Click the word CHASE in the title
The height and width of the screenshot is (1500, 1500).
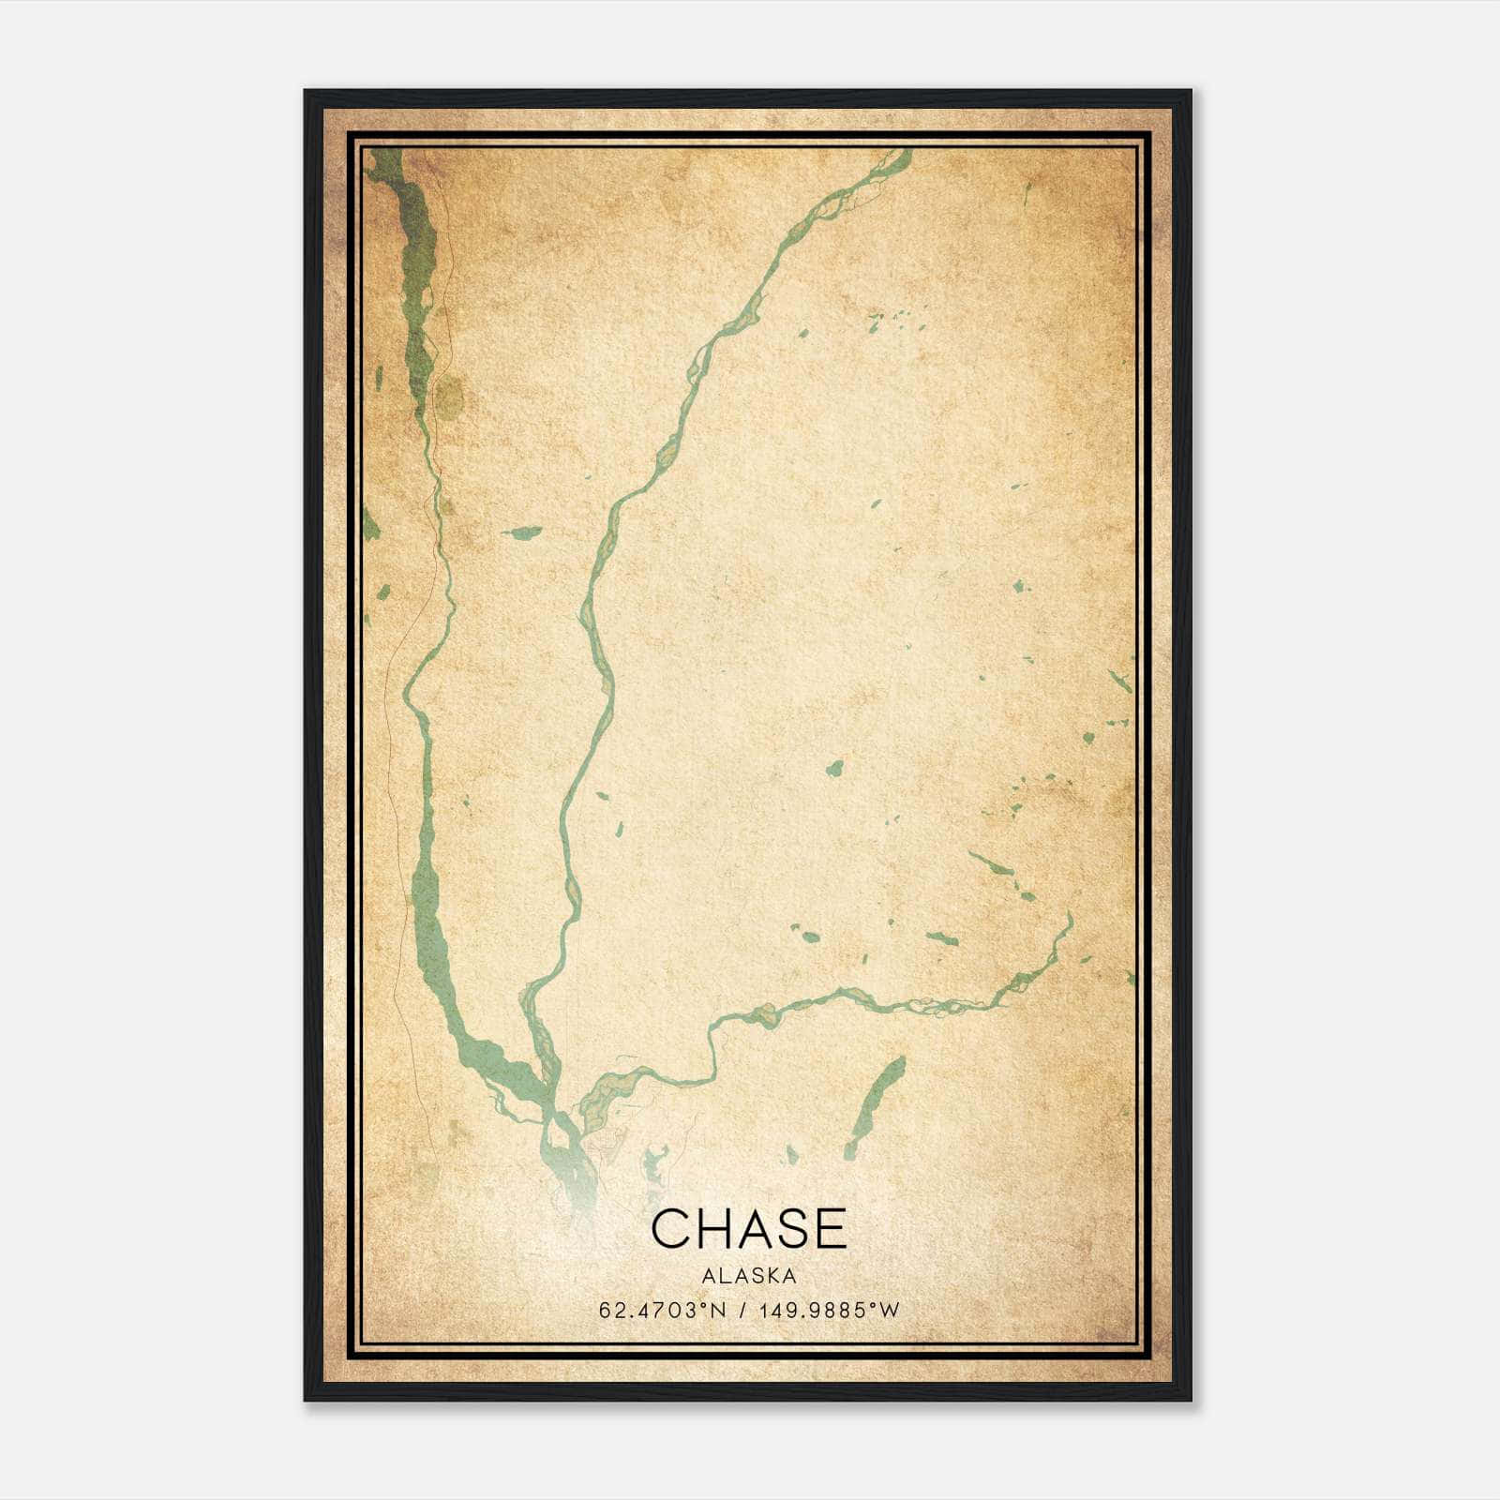[748, 1229]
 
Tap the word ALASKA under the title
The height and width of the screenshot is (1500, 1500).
[748, 1276]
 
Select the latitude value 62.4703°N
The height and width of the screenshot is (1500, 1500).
[663, 1311]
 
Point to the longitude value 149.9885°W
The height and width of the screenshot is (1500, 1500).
[830, 1311]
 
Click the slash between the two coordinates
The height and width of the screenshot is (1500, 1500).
[742, 1311]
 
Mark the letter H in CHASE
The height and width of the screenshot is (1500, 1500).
[710, 1229]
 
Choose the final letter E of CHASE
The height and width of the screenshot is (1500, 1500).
[830, 1229]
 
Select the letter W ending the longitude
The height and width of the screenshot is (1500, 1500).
[891, 1311]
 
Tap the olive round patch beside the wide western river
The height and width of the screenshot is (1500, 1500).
[450, 398]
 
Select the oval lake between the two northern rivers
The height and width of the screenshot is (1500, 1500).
[523, 532]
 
